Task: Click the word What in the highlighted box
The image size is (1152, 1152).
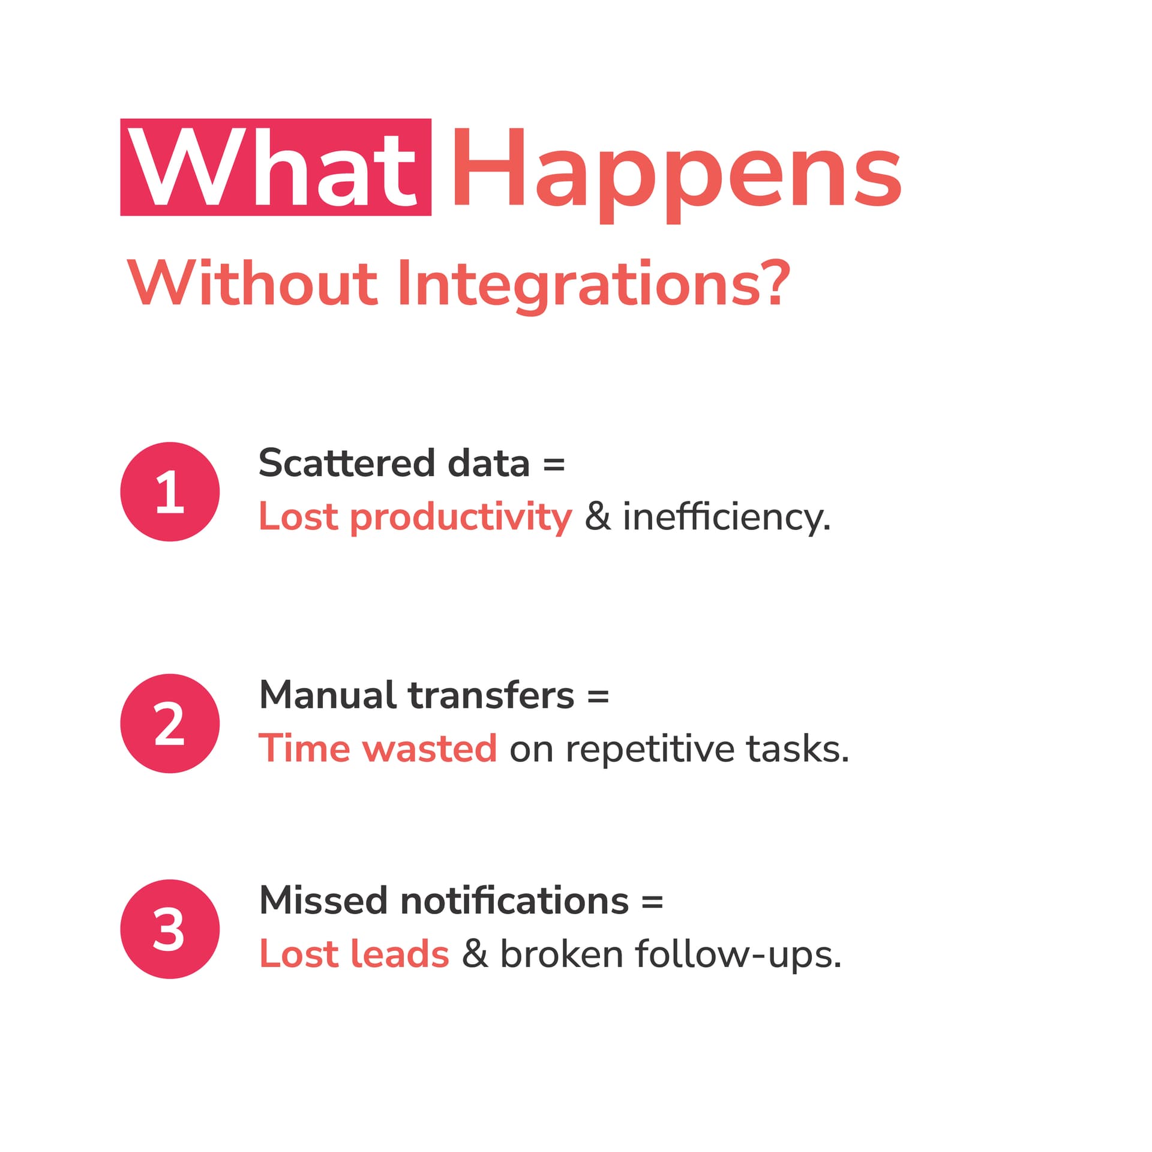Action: (273, 167)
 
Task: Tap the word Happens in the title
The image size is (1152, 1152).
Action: (676, 175)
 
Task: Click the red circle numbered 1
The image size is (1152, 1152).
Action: (170, 492)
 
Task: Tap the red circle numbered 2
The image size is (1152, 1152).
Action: (170, 723)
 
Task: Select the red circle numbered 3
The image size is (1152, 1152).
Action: (170, 929)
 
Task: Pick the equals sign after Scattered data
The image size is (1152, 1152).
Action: (554, 465)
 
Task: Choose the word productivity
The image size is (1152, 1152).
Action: (461, 517)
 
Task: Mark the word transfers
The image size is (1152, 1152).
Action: (491, 695)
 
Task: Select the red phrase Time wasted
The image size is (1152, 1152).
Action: (378, 749)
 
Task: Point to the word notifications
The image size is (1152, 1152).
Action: (514, 901)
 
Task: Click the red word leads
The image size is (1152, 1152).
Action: (400, 954)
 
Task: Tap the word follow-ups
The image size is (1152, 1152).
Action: (739, 956)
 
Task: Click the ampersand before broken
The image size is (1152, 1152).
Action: (475, 954)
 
